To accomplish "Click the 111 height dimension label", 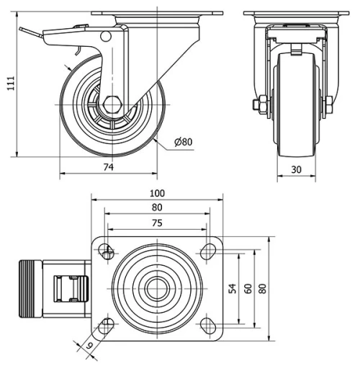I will pos(9,84).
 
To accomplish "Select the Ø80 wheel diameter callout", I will pos(184,143).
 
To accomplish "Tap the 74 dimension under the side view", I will pos(109,167).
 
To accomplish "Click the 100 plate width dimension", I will pos(157,193).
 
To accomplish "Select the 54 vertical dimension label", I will pos(233,288).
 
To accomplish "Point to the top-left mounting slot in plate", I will pos(107,252).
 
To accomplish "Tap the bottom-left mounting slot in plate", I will pos(107,325).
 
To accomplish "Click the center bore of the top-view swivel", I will pos(155,289).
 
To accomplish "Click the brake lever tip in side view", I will pos(22,30).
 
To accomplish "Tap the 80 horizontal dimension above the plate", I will pos(156,208).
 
